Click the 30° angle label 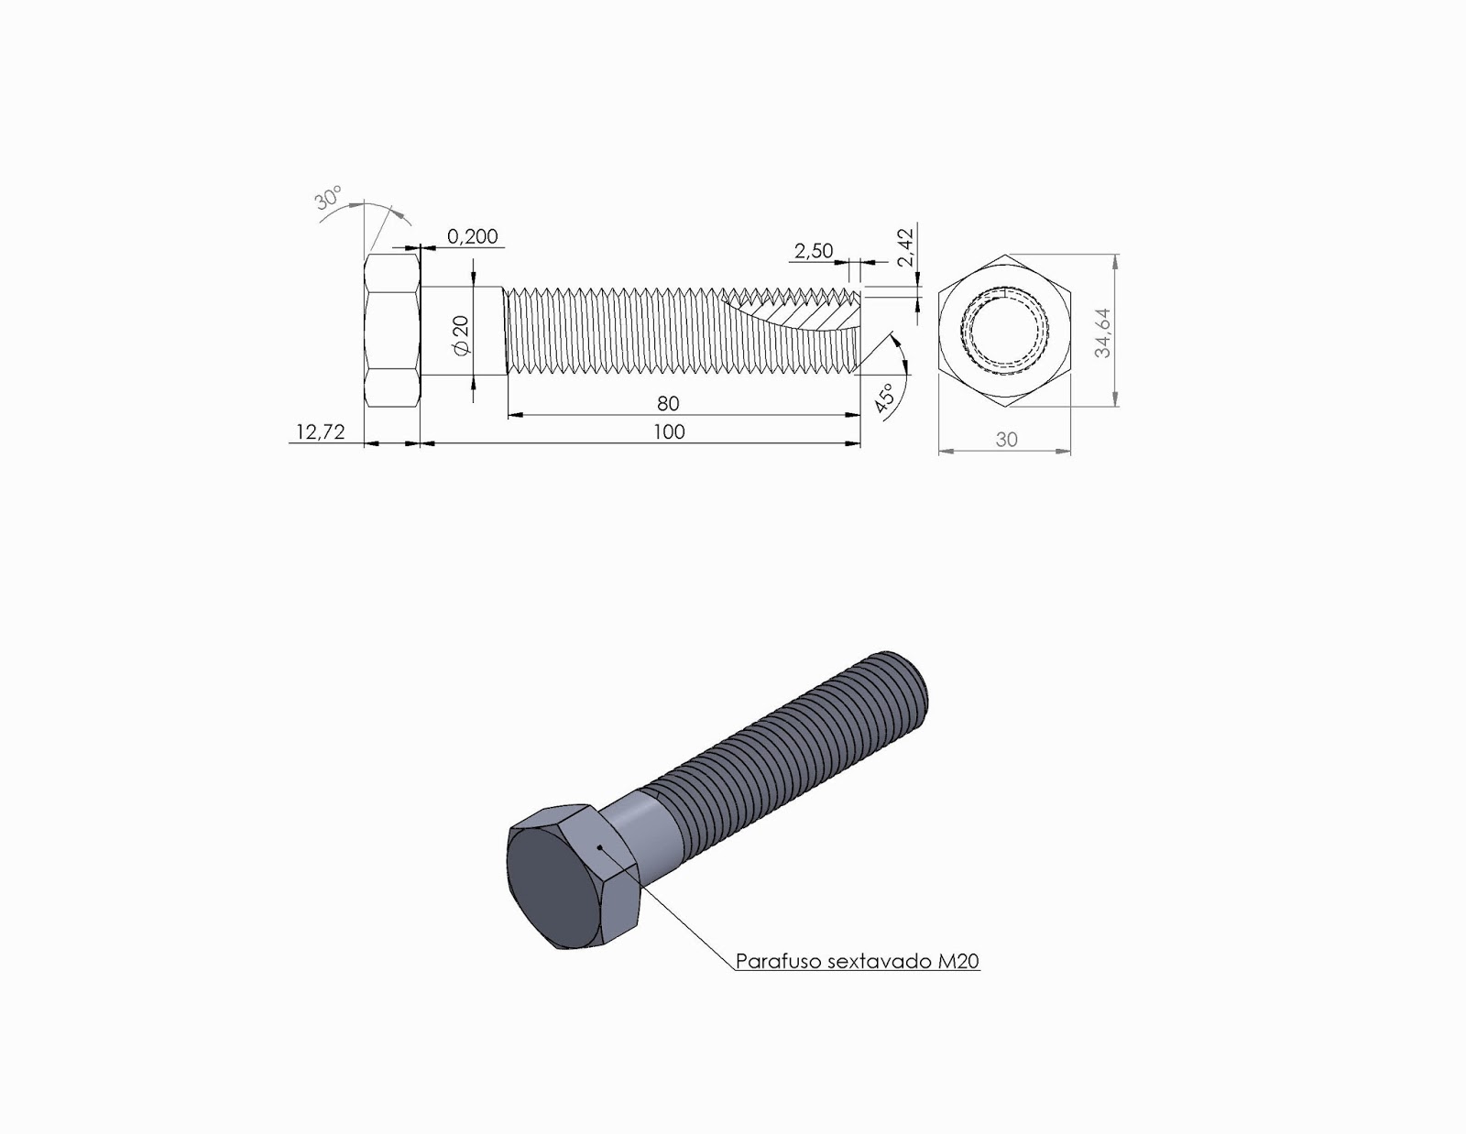pyautogui.click(x=329, y=199)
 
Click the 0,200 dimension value pyautogui.click(x=473, y=236)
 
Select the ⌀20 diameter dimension pyautogui.click(x=461, y=335)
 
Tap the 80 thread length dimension pyautogui.click(x=668, y=403)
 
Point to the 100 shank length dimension pyautogui.click(x=669, y=431)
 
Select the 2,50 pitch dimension pyautogui.click(x=813, y=251)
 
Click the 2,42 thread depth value pyautogui.click(x=906, y=248)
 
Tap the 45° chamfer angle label pyautogui.click(x=885, y=400)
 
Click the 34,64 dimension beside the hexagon pyautogui.click(x=1103, y=332)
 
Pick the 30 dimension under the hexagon pyautogui.click(x=1006, y=440)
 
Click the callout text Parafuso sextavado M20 pyautogui.click(x=858, y=962)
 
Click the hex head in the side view pyautogui.click(x=392, y=332)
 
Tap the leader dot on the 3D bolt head pyautogui.click(x=599, y=848)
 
